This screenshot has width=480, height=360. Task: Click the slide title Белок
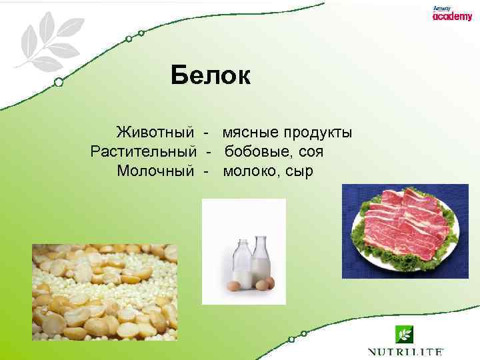(x=210, y=75)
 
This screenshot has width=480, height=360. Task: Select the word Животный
(x=155, y=133)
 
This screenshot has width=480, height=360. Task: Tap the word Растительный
(x=143, y=152)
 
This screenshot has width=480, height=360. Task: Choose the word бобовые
(x=256, y=152)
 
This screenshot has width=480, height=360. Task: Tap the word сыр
(x=299, y=171)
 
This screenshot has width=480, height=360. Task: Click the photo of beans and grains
(x=105, y=292)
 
